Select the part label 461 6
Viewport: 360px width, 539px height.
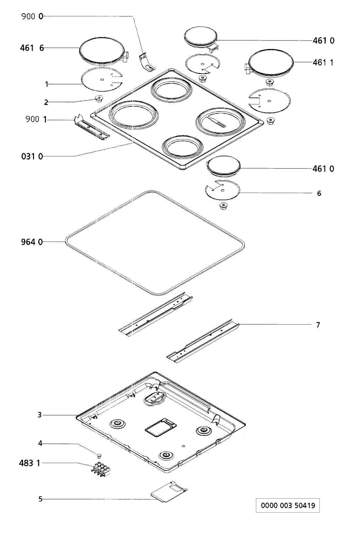click(32, 48)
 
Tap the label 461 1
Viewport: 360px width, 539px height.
click(323, 62)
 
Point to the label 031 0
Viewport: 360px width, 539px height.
click(31, 156)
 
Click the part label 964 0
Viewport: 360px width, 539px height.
click(32, 242)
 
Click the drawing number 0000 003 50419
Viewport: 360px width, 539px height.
click(288, 506)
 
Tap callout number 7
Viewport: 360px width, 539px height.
click(318, 325)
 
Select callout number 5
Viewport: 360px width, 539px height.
click(40, 499)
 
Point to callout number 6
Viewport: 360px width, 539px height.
click(319, 193)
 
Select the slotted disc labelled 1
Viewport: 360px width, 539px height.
click(101, 80)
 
